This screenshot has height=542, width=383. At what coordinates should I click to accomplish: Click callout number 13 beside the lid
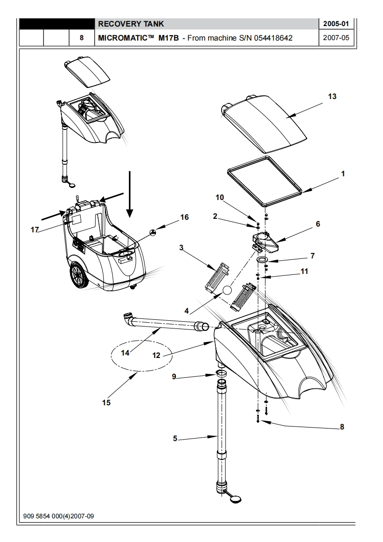coord(332,97)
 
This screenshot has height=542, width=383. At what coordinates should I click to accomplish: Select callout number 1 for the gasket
coord(343,174)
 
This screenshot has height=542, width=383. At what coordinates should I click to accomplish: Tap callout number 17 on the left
coord(35,229)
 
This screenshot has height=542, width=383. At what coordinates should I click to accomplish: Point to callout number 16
coord(184,217)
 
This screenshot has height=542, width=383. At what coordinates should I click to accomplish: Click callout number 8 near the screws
coord(342,427)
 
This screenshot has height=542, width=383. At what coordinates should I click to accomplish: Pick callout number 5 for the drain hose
coord(175,438)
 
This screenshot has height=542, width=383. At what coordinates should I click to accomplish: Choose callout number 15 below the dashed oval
coord(106,402)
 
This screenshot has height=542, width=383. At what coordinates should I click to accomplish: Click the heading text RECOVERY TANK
coord(131,24)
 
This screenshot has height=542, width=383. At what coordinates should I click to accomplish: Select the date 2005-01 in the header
coord(336,24)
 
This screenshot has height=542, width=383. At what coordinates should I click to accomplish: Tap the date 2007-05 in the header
coord(336,37)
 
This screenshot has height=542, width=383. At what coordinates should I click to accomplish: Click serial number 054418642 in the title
coord(273,38)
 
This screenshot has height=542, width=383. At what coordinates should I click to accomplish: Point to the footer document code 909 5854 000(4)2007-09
coord(58,516)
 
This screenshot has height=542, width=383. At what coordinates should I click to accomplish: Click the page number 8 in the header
coord(82,38)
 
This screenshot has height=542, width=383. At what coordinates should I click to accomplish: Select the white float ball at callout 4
coord(227,290)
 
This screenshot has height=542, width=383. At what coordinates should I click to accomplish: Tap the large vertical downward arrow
coord(129,194)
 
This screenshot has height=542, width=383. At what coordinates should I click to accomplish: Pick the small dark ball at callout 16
coord(153,232)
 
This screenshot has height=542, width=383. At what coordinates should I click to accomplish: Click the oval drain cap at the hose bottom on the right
coord(236,499)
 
